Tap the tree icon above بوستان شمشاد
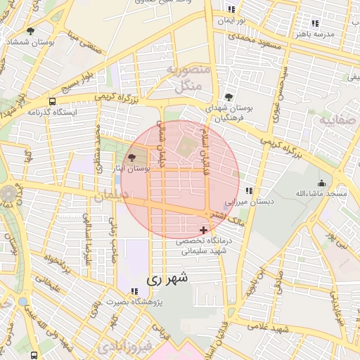tap(30, 31)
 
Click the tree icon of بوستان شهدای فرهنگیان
tap(227, 98)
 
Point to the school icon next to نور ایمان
tap(232, 10)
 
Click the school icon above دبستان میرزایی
tap(248, 191)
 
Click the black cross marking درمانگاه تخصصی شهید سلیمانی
tap(204, 230)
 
